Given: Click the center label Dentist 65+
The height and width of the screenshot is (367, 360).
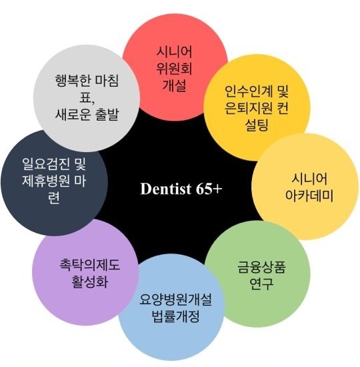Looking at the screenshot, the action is [181, 189].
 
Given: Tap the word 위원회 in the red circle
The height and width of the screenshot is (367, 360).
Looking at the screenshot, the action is [174, 69].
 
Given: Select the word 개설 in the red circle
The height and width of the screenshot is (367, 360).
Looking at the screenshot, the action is [174, 85].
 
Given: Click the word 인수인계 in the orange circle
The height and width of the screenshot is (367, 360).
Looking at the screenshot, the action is [249, 91].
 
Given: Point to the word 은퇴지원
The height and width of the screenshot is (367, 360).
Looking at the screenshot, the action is [249, 108].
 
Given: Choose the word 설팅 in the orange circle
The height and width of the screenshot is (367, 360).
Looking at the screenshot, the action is [257, 125].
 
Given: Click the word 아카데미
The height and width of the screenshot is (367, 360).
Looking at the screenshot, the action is [309, 196].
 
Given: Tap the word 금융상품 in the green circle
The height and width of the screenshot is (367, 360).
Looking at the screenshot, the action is [261, 267].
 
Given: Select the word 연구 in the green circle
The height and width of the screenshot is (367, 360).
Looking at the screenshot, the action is [261, 284].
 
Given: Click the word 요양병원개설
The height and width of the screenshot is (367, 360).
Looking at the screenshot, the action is [175, 300].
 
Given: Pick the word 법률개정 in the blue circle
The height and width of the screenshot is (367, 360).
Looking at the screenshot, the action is [175, 316].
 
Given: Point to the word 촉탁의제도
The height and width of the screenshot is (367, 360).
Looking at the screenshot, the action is [90, 265].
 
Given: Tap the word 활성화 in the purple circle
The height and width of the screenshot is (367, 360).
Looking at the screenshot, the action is [90, 282].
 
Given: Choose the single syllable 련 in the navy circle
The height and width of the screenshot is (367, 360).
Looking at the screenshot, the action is [54, 198].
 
